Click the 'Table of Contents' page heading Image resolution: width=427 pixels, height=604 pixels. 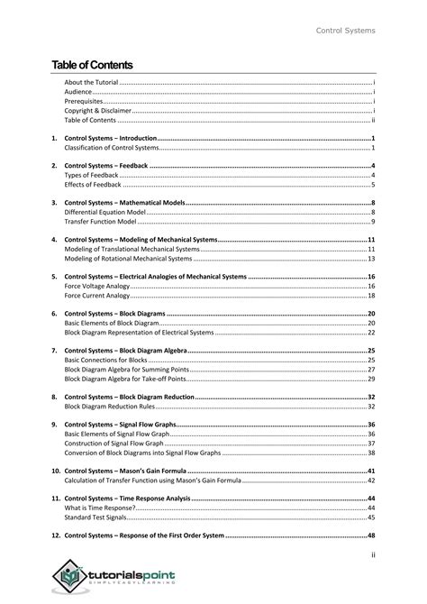pos(92,65)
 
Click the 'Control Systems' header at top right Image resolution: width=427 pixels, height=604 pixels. pos(345,32)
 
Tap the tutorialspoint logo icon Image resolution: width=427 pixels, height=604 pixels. pos(69,574)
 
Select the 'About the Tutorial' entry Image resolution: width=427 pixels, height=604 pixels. pos(91,82)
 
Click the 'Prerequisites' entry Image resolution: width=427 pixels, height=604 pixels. pos(84,101)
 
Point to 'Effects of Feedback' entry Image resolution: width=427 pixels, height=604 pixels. pos(92,184)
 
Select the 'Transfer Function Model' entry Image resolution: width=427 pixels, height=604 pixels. pos(99,222)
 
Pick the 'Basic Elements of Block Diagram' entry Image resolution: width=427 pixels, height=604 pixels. pos(111,323)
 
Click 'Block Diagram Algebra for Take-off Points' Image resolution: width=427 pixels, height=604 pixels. pos(131,379)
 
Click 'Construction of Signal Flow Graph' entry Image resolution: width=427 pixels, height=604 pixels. pos(114,444)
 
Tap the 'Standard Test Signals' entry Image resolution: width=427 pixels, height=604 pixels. pos(95,517)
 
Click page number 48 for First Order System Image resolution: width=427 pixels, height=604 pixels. pos(370,535)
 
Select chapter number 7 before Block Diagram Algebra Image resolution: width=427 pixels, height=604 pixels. pos(54,350)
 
